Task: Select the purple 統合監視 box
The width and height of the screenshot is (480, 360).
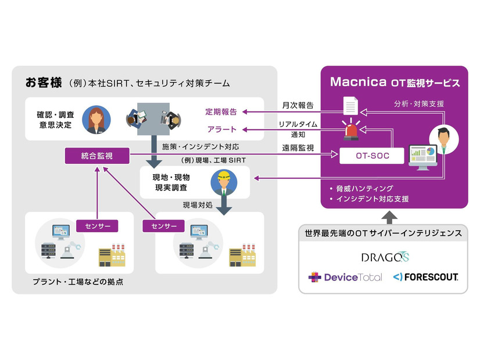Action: coord(97,156)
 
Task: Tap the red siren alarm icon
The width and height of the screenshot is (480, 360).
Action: coord(353,129)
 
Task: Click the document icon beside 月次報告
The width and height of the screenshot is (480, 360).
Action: coord(350,106)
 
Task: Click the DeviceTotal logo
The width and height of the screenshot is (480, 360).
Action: coord(345,277)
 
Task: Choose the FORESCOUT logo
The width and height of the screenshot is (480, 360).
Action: coord(425,277)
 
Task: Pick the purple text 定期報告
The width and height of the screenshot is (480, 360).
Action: coord(220,111)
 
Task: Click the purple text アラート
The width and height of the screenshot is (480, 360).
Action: coord(221,129)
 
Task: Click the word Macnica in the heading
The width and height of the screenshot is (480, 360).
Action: coord(354,82)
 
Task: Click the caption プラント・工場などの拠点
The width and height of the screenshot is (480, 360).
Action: coord(77,282)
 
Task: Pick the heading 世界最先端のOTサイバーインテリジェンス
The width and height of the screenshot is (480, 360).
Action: coord(383,233)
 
